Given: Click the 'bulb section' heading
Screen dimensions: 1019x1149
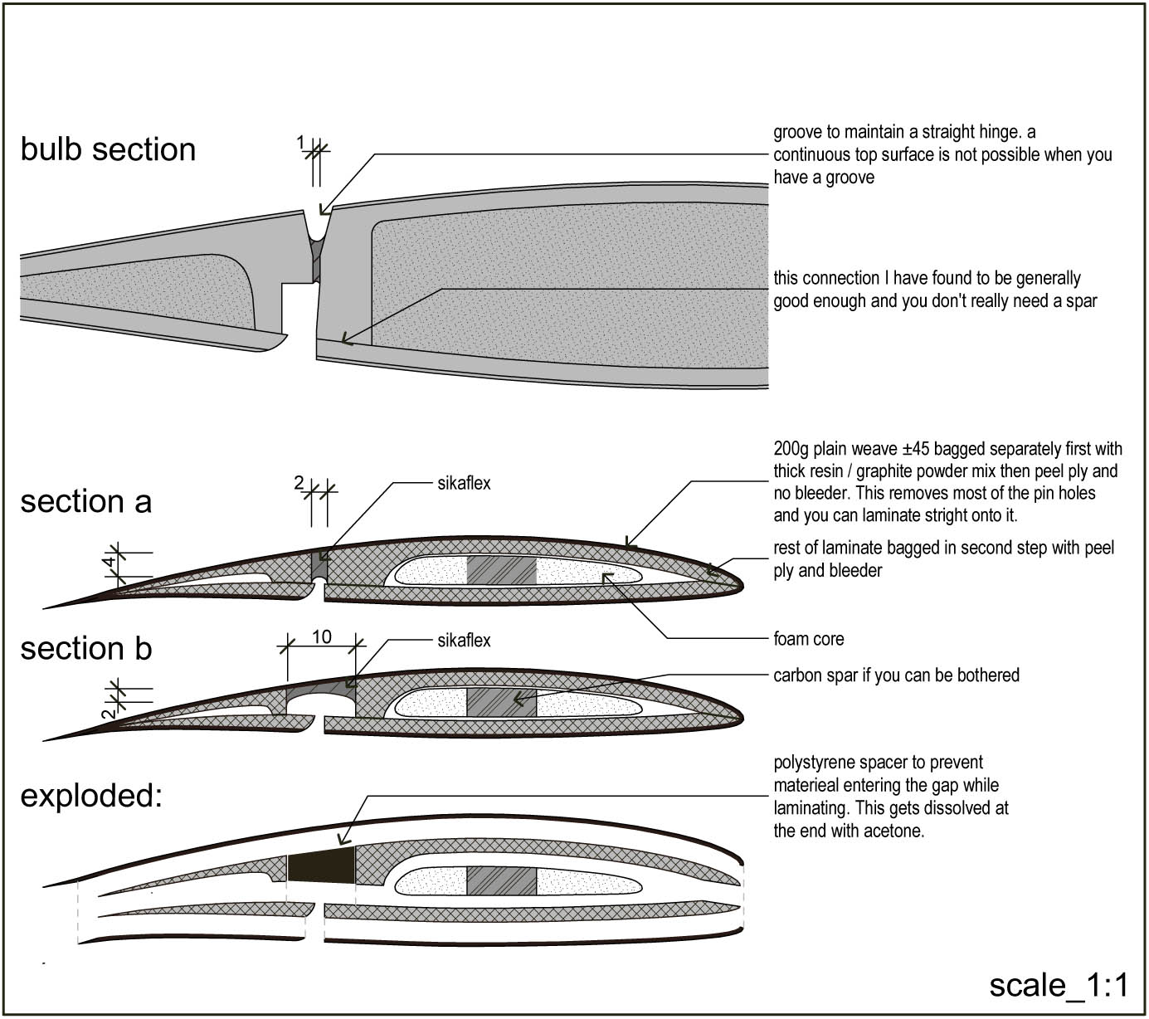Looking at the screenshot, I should point(108,149).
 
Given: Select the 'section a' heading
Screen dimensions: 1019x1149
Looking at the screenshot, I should point(85,501).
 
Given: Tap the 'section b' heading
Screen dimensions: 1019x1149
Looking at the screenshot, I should point(85,648).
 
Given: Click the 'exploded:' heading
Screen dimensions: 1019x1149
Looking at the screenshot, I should point(90,795).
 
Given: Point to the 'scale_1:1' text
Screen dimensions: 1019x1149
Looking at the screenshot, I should point(1059,985).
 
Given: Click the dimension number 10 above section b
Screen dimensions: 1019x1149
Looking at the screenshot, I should point(322,636).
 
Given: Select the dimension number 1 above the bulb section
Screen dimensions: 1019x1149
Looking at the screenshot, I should point(300,143).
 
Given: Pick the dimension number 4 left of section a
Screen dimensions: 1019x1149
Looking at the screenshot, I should point(109,563).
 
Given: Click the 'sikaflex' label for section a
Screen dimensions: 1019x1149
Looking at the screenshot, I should point(464,483).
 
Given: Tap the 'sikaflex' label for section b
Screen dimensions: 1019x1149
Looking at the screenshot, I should point(464,641).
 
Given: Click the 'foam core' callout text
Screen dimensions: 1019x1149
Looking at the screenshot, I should point(808,639).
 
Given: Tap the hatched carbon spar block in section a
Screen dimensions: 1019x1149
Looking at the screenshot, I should point(501,570).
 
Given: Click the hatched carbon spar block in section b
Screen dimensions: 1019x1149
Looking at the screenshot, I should point(501,702).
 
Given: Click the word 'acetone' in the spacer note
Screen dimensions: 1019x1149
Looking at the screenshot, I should point(895,831).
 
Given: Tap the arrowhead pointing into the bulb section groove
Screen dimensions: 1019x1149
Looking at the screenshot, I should point(324,211).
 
